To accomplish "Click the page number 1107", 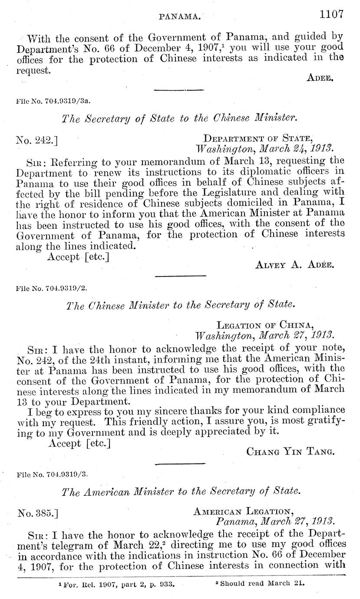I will tap(331, 14).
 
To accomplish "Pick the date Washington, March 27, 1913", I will tap(264, 335).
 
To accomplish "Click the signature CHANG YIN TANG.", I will tap(290, 451).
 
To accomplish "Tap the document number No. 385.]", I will tap(38, 513).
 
